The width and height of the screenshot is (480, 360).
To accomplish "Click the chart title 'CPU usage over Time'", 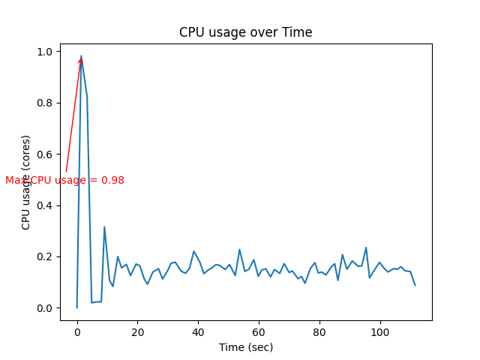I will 245,32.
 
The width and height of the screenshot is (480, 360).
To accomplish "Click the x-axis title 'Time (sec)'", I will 245,347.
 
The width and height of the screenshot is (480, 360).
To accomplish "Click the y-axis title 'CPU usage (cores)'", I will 26,182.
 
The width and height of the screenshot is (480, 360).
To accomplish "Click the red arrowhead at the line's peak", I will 79,61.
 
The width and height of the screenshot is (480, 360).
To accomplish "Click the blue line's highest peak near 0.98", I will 81,55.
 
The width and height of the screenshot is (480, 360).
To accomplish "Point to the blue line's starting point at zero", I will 76,307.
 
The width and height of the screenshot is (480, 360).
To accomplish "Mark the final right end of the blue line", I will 415,285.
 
